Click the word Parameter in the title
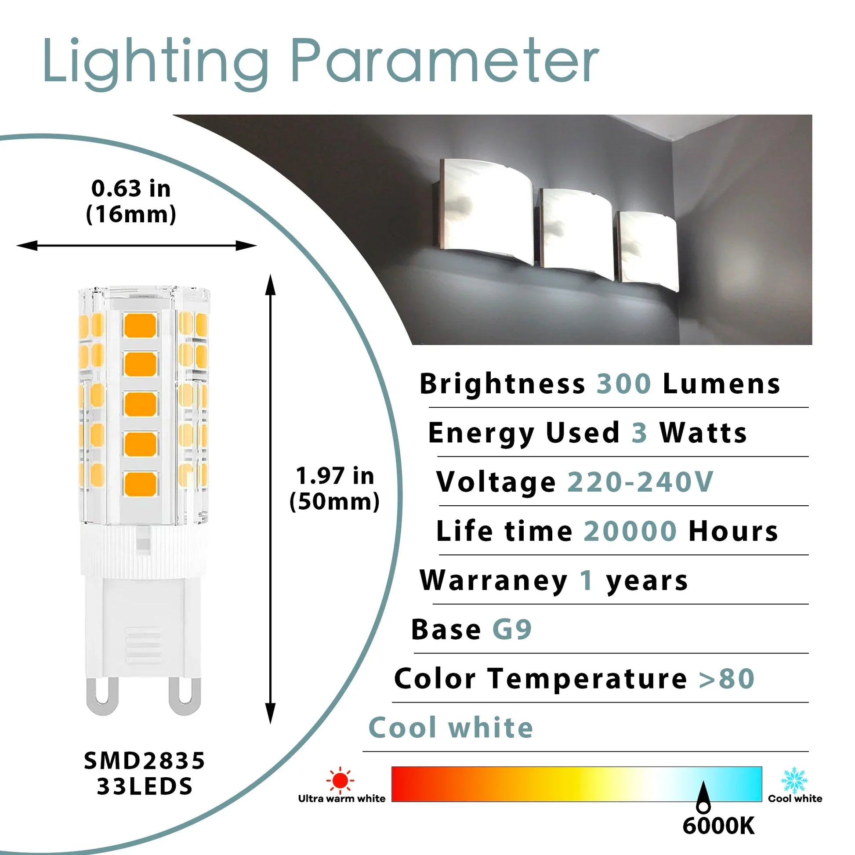pos(444,61)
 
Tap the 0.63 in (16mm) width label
pos(131,201)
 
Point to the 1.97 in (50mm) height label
pos(334,489)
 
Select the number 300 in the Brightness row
pos(624,383)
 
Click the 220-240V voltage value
pos(640,482)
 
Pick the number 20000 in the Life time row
pos(630,531)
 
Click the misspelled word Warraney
pos(493,581)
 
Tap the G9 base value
pos(512,629)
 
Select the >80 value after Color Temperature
pos(726,679)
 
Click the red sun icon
pos(340,780)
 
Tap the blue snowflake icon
pos(794,780)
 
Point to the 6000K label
pos(718,826)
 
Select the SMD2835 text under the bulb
pos(145,761)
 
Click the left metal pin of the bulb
pos(103,696)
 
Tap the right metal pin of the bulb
pos(184,696)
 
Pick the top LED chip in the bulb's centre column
pos(140,325)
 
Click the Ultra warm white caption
pos(342,799)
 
